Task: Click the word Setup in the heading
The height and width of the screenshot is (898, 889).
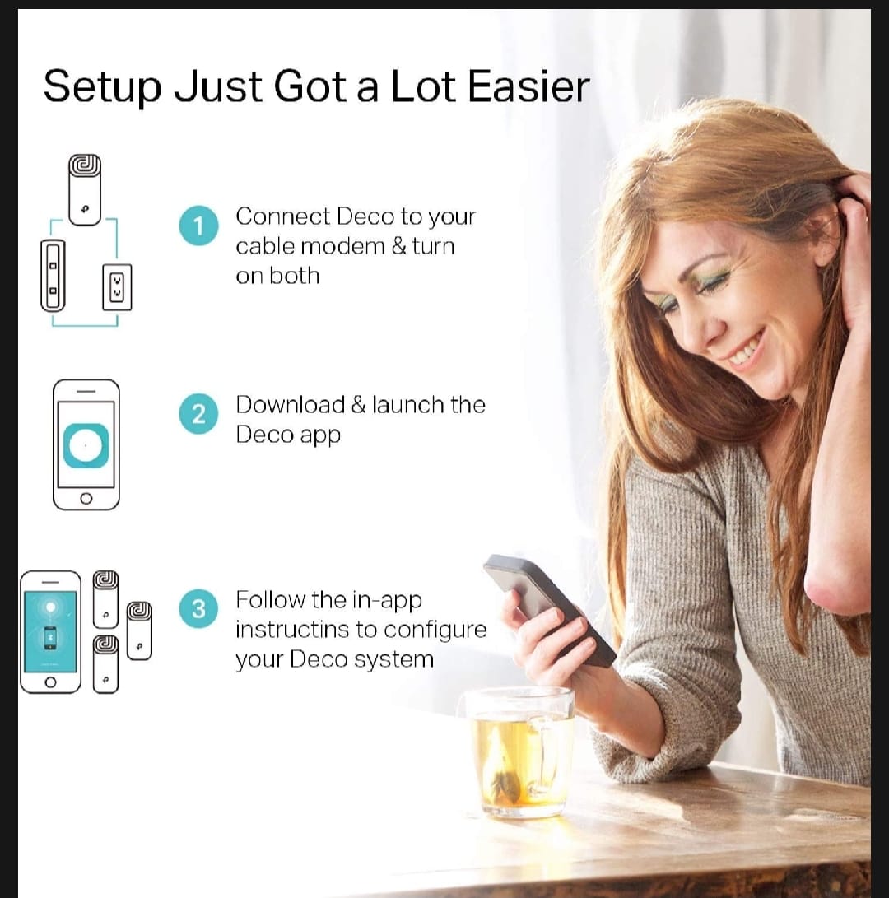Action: (x=102, y=87)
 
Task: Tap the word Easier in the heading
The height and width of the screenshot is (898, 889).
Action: (x=528, y=87)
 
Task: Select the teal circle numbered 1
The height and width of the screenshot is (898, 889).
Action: (x=198, y=226)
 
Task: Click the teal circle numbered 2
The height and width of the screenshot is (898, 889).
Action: (x=198, y=413)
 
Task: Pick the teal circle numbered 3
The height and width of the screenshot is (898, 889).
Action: (x=198, y=608)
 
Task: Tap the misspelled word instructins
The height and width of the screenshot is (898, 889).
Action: (x=291, y=630)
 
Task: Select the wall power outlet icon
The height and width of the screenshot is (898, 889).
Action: (x=117, y=287)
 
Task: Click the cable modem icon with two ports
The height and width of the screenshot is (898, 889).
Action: (x=53, y=276)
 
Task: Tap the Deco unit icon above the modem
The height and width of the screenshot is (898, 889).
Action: (x=85, y=189)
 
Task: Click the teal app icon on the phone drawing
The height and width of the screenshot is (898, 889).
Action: (x=86, y=445)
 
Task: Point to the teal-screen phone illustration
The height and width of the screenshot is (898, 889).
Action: (x=50, y=631)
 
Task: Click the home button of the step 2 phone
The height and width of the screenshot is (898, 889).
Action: (x=86, y=498)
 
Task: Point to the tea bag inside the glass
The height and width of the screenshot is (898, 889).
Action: (x=504, y=773)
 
